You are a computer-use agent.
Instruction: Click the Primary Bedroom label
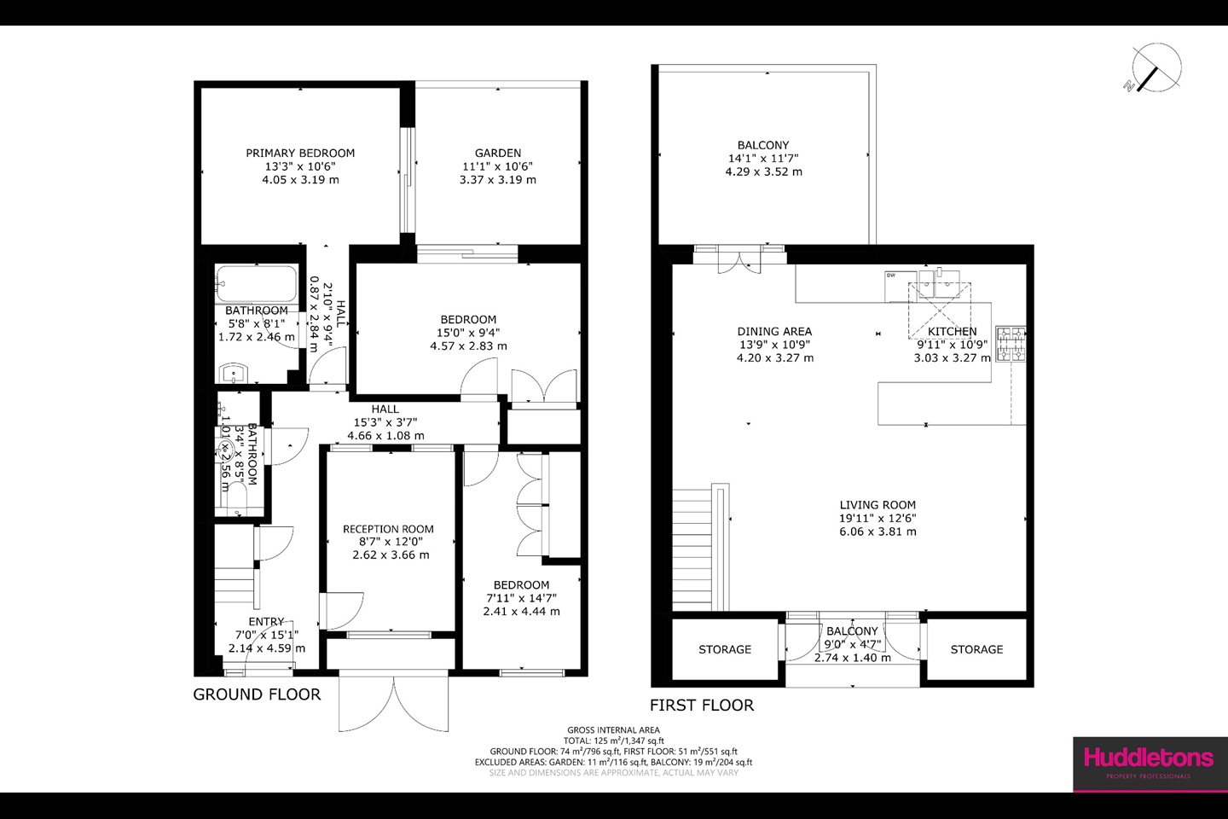click(x=300, y=154)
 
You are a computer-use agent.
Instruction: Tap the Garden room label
click(x=498, y=154)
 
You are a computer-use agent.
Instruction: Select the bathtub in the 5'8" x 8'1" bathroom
click(x=257, y=282)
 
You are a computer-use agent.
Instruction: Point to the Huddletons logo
click(x=1148, y=758)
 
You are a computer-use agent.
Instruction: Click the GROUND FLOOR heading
click(x=257, y=694)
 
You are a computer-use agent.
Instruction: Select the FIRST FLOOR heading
click(x=702, y=706)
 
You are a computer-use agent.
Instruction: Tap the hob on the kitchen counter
click(x=1011, y=344)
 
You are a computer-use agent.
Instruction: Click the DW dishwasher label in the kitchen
click(x=891, y=276)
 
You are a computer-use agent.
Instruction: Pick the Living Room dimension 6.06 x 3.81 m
click(x=878, y=531)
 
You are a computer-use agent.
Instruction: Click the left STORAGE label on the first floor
click(x=725, y=649)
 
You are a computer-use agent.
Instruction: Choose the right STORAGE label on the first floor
click(x=976, y=649)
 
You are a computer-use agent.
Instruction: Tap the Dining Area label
click(x=774, y=332)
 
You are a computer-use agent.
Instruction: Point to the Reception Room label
click(x=388, y=529)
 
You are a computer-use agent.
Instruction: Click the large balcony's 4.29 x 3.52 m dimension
click(x=763, y=171)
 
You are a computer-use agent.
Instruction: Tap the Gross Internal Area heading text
click(x=613, y=730)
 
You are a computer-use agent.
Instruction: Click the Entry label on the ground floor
click(x=266, y=622)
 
